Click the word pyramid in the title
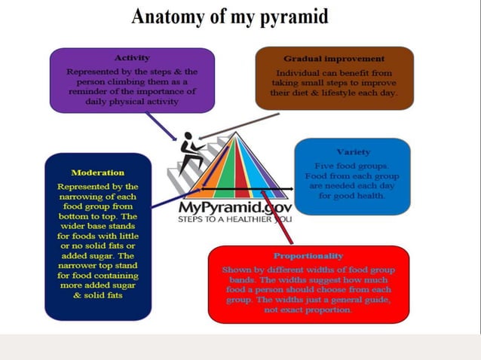click(x=290, y=17)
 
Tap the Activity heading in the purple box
click(x=132, y=57)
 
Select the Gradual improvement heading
click(x=334, y=58)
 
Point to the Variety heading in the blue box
click(x=353, y=152)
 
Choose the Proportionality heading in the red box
click(x=308, y=256)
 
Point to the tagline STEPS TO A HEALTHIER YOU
click(x=234, y=220)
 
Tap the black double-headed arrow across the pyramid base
click(x=249, y=189)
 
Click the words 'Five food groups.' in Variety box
click(x=351, y=165)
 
